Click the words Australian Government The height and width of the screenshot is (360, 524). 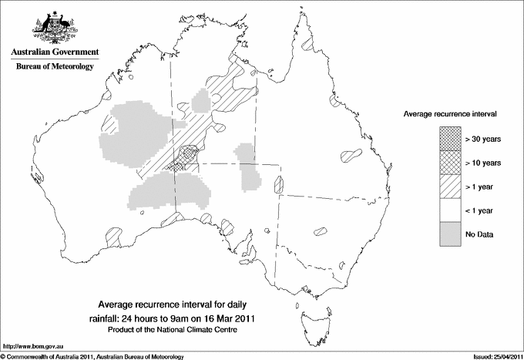point(55,52)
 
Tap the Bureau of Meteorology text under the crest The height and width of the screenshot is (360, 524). point(55,67)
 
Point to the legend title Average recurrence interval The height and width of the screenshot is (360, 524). point(450,113)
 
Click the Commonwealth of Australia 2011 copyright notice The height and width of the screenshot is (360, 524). point(92,356)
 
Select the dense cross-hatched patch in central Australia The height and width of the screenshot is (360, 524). point(187,155)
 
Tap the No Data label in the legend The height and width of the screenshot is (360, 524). point(479,234)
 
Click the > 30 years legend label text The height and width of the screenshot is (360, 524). point(483,139)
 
